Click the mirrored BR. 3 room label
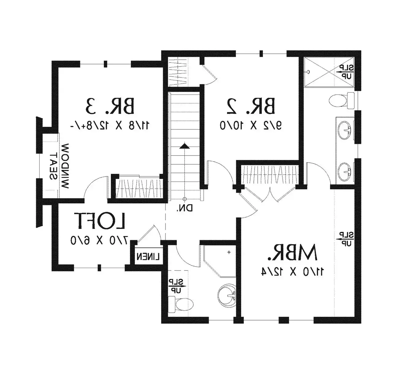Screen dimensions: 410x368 point(110,106)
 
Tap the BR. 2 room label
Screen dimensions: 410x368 point(251,106)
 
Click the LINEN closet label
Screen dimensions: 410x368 point(148,257)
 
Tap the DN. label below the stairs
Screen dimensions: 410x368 point(185,208)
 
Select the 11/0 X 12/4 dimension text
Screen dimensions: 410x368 point(293,272)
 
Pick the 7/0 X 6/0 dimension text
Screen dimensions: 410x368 point(99,240)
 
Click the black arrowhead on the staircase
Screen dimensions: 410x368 point(184,146)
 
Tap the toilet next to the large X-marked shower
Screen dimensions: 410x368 point(342,101)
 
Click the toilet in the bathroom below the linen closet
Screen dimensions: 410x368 point(181,305)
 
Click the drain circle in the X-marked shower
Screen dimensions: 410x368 point(308,71)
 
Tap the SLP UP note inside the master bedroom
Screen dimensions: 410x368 point(346,239)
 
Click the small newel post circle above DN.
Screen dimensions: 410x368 point(184,199)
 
